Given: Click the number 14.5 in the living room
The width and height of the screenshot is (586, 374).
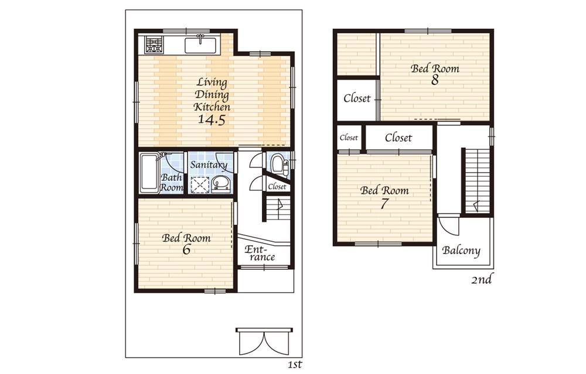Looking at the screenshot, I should click(x=212, y=120).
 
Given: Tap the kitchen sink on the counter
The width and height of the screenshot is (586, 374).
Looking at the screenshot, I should click(x=202, y=44).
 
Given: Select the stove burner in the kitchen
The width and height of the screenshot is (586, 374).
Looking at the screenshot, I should click(x=154, y=44).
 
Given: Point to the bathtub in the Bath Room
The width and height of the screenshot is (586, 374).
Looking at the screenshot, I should click(x=149, y=172).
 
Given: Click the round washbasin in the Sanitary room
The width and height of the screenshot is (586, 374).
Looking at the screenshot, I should click(x=221, y=184).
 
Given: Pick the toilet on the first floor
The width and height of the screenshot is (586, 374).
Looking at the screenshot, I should click(x=277, y=164).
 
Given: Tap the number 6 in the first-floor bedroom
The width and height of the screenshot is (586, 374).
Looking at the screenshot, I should click(x=186, y=249).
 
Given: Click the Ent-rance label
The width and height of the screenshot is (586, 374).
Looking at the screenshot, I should click(x=260, y=253).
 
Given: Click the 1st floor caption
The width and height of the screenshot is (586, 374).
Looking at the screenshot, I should click(x=294, y=365).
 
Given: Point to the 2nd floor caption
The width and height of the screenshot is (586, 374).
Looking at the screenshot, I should click(x=481, y=280).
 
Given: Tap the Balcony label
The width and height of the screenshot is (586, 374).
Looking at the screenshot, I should click(x=461, y=251).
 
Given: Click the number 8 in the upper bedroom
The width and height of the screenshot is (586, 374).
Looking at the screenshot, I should click(x=435, y=80).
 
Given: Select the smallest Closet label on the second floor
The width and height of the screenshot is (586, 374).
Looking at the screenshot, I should click(x=349, y=138).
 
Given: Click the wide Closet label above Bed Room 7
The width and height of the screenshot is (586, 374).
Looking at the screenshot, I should click(x=398, y=138).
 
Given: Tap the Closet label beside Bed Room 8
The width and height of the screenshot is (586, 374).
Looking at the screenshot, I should click(x=357, y=98).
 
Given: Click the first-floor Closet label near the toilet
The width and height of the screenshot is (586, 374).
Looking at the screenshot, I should click(x=277, y=187).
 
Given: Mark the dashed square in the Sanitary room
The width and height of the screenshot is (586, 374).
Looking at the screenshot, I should click(x=200, y=184).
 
